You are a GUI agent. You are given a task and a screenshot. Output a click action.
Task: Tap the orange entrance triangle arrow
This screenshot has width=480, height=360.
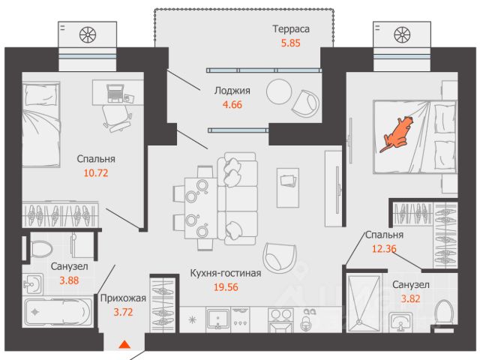[124, 344]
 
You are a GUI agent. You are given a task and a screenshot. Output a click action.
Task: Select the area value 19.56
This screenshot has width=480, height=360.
[226, 287]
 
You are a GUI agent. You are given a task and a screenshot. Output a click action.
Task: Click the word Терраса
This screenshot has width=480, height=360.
[291, 29]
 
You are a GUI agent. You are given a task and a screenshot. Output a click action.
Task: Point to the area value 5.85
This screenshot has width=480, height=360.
[291, 43]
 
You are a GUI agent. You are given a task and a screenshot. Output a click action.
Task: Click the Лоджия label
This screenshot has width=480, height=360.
[232, 91]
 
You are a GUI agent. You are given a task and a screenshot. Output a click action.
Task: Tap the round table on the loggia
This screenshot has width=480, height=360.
[279, 91]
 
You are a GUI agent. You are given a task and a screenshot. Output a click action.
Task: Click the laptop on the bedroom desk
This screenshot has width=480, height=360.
[115, 93]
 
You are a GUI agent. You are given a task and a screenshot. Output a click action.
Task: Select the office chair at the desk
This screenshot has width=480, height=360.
[117, 118]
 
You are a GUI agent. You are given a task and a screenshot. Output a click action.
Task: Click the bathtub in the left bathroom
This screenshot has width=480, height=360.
[58, 312]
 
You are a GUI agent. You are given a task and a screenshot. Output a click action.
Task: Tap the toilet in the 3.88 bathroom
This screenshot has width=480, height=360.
[40, 249]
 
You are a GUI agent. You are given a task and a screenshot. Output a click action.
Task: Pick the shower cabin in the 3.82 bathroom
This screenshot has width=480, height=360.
[364, 303]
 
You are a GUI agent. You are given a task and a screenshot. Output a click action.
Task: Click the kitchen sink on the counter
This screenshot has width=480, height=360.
[218, 319]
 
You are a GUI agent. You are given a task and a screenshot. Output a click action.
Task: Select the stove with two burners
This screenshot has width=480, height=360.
[280, 320]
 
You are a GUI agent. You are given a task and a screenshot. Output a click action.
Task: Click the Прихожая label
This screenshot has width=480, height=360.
[123, 298]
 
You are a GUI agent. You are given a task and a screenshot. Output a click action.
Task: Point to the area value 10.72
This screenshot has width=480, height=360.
[96, 173]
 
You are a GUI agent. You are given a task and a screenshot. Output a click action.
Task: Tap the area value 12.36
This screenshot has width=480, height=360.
[384, 248]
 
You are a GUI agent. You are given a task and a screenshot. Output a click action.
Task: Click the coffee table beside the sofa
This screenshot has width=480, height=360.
[288, 187]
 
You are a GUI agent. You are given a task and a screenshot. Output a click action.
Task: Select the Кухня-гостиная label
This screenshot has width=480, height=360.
[226, 273]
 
